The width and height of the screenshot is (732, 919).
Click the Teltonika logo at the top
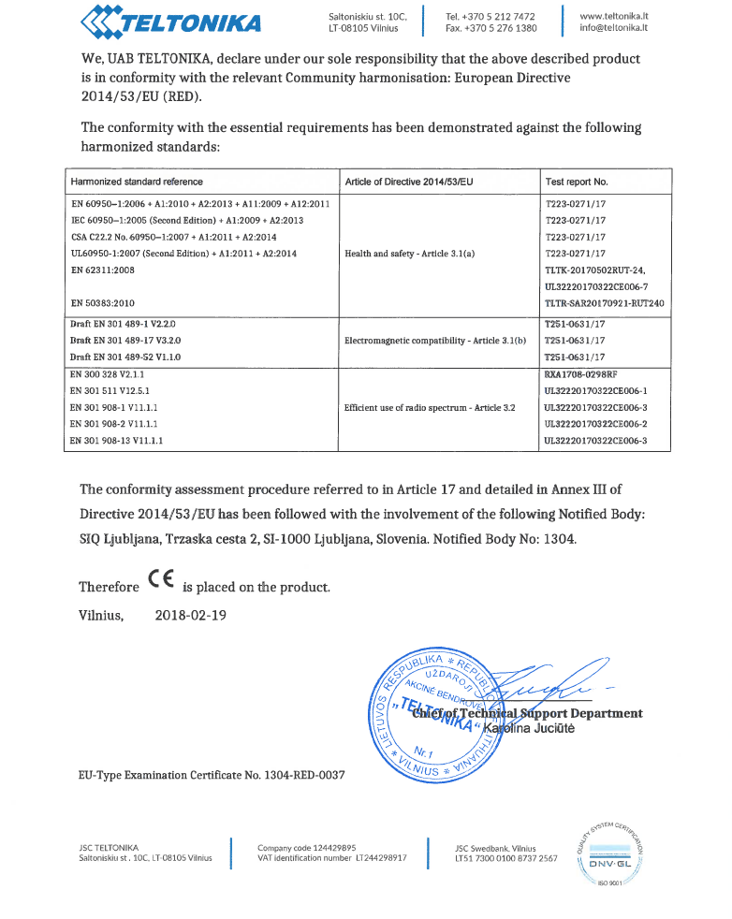169,19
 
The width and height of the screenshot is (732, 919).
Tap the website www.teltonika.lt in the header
615,16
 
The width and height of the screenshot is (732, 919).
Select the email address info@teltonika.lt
614,28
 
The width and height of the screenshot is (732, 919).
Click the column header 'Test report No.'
576,182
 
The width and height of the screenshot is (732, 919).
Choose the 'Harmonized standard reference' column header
137,182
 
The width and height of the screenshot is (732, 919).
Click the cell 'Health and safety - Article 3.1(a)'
410,253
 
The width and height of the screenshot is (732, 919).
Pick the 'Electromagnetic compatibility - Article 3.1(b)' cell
435,342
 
